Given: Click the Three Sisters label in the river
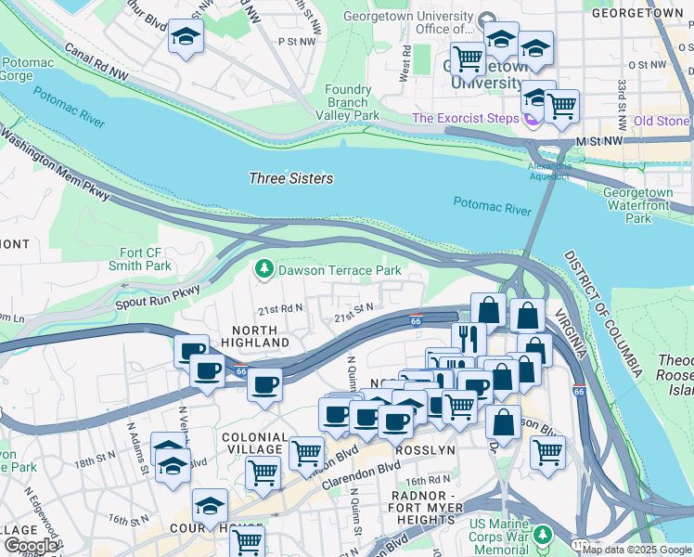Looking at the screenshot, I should (x=291, y=178).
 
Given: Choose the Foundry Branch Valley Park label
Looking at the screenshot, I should (x=348, y=102).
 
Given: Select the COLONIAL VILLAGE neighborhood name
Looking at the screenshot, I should (x=254, y=443).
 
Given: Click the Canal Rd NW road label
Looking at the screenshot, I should (x=95, y=61).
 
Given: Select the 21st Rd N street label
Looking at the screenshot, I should (x=281, y=310).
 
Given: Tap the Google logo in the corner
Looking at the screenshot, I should (x=32, y=546).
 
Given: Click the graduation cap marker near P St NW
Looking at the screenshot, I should (x=186, y=40).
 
